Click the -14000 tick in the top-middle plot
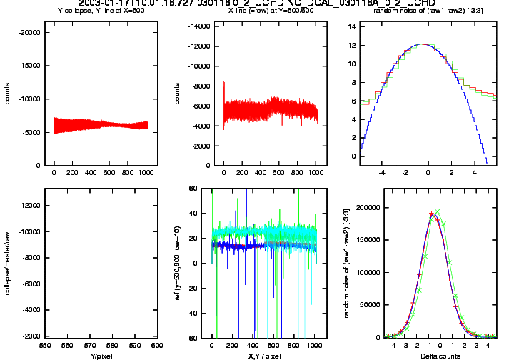coord(189,26)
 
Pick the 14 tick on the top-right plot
coord(352,26)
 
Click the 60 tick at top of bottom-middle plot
coord(192,189)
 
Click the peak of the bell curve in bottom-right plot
coord(433,213)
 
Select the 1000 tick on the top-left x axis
coord(145,173)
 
